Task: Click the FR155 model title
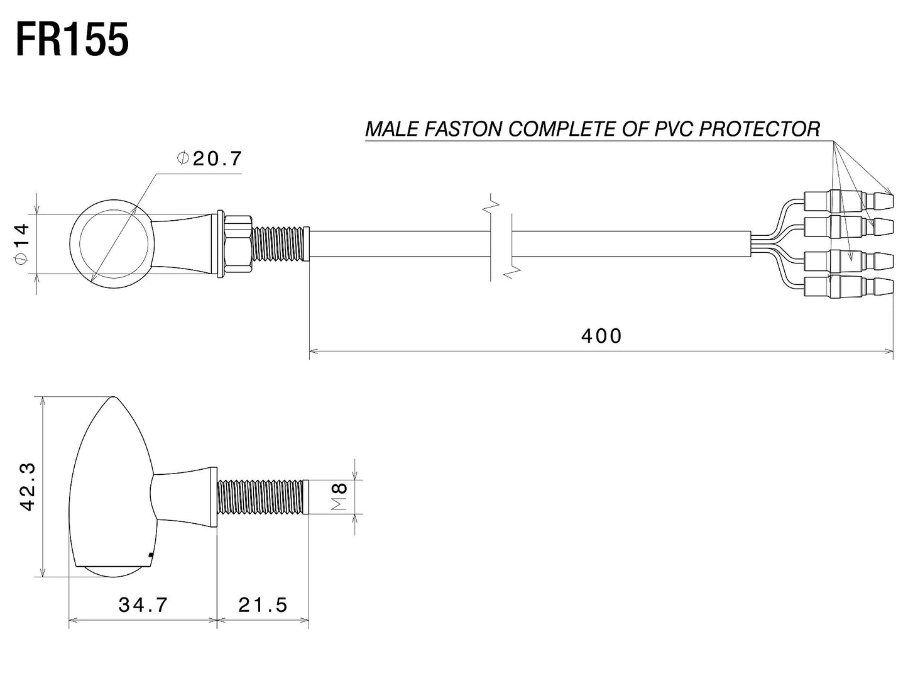[72, 40]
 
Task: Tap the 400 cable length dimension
[601, 336]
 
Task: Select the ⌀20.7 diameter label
[209, 158]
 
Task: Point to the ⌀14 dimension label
[22, 243]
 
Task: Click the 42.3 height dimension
[28, 487]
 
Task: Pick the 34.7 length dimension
[143, 605]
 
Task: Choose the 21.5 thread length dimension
[263, 605]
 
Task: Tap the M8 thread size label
[339, 497]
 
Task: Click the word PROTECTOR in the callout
[760, 129]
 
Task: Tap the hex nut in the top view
[239, 243]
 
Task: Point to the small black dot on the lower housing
[151, 555]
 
